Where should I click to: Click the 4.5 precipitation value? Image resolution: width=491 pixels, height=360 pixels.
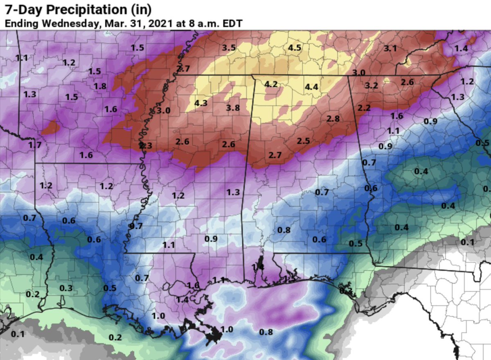pyautogui.click(x=295, y=48)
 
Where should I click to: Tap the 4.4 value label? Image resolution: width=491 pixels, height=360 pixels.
pyautogui.click(x=311, y=86)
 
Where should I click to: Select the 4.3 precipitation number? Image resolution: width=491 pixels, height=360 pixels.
pyautogui.click(x=201, y=103)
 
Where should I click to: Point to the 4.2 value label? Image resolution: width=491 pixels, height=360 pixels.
pyautogui.click(x=271, y=84)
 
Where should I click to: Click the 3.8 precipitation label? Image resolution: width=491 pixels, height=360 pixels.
pyautogui.click(x=233, y=108)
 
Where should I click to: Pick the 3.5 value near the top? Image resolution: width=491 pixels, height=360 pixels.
pyautogui.click(x=229, y=48)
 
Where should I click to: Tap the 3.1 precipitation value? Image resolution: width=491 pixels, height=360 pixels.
pyautogui.click(x=390, y=48)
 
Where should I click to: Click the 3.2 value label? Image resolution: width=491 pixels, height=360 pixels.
pyautogui.click(x=371, y=86)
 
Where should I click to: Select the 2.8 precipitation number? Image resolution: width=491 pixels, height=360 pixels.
pyautogui.click(x=333, y=118)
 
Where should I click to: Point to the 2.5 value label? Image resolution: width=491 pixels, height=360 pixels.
pyautogui.click(x=303, y=140)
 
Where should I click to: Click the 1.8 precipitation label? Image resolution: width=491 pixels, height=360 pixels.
pyautogui.click(x=100, y=86)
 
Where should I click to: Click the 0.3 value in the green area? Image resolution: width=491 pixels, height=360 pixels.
pyautogui.click(x=66, y=288)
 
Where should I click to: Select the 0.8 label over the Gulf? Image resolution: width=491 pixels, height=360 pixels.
pyautogui.click(x=266, y=332)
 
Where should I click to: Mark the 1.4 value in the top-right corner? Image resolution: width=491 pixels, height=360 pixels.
pyautogui.click(x=461, y=48)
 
